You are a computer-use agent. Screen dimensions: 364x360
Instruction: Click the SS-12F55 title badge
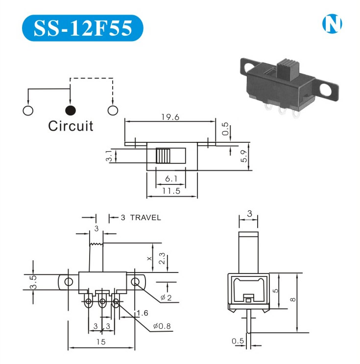pyautogui.click(x=82, y=28)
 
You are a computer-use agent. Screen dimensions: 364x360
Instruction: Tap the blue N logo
pyautogui.click(x=332, y=24)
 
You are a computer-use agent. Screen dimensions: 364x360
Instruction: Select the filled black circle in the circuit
pyautogui.click(x=71, y=110)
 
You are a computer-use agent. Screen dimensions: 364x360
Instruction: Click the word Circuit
pyautogui.click(x=71, y=126)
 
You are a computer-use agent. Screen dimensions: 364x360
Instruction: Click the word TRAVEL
pyautogui.click(x=145, y=218)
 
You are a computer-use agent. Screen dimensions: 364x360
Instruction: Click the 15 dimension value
pyautogui.click(x=100, y=342)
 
